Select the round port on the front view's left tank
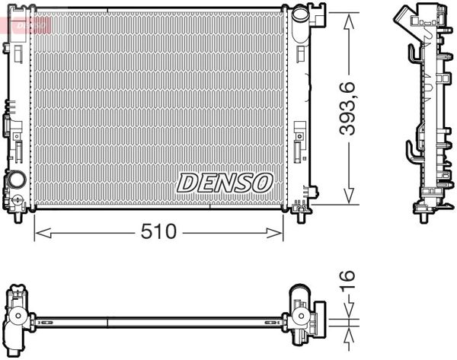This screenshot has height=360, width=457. pyautogui.click(x=15, y=183)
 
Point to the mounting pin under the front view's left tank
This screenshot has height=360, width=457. pyautogui.click(x=17, y=216)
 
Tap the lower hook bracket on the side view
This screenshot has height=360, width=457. pyautogui.click(x=412, y=151)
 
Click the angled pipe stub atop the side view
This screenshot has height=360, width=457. pyautogui.click(x=404, y=14)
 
